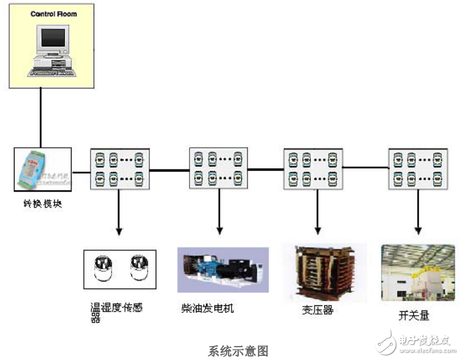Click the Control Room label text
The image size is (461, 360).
coord(53,13)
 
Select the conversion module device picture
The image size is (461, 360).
coord(42,169)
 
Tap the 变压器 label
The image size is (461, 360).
coord(317,309)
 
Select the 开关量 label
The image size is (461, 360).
coord(413,316)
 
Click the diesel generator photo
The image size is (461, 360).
coord(223,269)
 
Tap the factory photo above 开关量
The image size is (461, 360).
coord(417,273)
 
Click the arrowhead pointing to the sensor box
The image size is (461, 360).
coord(119,231)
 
